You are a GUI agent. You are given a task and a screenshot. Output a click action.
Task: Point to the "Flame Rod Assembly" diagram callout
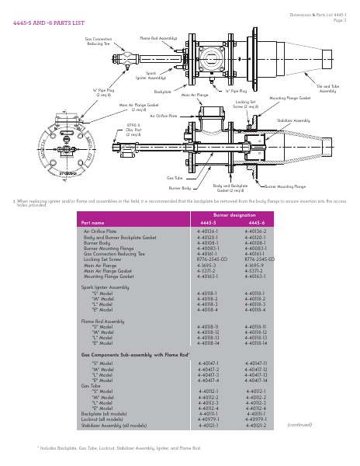pos(157,37)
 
